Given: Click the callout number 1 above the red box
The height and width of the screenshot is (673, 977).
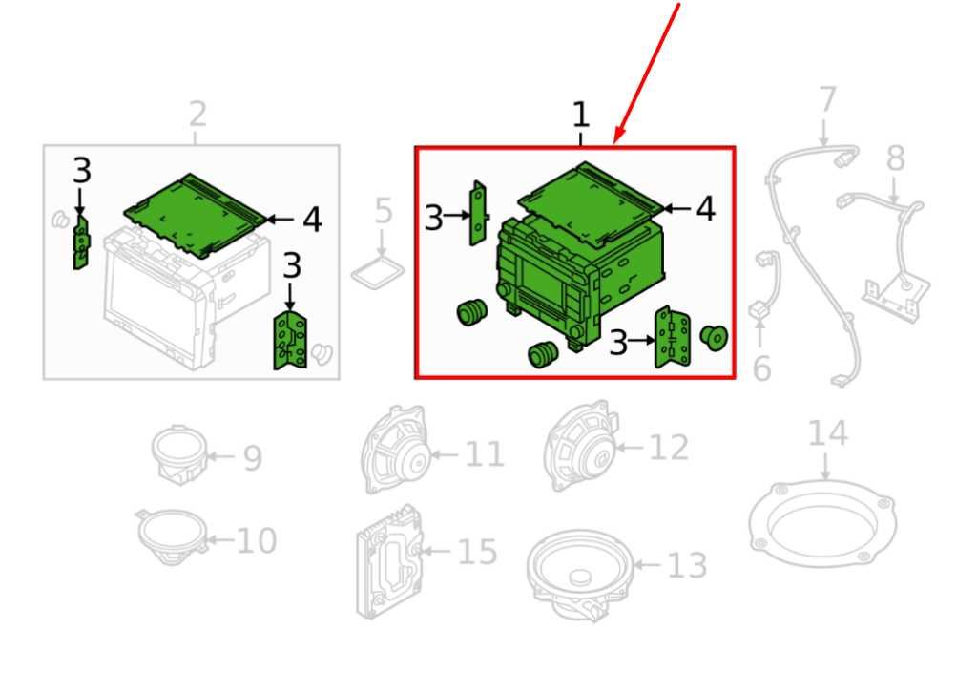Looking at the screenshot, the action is (x=580, y=116).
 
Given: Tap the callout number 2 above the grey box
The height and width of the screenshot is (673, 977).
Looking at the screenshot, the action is (x=197, y=114).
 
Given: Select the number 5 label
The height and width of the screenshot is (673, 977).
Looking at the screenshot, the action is (x=384, y=211).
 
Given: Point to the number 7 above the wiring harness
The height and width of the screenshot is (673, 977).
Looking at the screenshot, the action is (x=827, y=99).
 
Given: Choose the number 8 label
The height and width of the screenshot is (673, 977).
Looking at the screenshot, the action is (x=895, y=158).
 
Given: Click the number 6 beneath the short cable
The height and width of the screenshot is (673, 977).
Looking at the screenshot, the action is (x=761, y=368).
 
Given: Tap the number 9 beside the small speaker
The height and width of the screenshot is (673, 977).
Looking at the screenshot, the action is (x=252, y=458).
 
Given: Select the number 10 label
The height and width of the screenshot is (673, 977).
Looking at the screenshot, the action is (x=257, y=540).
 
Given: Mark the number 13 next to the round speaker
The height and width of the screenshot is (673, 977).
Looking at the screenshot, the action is (x=687, y=565).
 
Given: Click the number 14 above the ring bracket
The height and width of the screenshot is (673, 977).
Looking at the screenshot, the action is (x=827, y=433).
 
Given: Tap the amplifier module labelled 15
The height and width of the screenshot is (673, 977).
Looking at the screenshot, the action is (x=387, y=561).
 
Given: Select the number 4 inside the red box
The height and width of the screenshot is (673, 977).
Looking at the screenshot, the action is (x=705, y=209).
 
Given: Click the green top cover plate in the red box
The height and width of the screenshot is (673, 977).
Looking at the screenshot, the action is (x=590, y=200).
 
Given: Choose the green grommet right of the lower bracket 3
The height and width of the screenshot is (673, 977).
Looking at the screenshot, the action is (x=713, y=337).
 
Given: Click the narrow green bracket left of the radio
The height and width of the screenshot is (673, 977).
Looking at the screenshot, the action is (x=478, y=213).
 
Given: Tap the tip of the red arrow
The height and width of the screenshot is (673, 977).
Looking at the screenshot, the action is (x=615, y=143).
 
